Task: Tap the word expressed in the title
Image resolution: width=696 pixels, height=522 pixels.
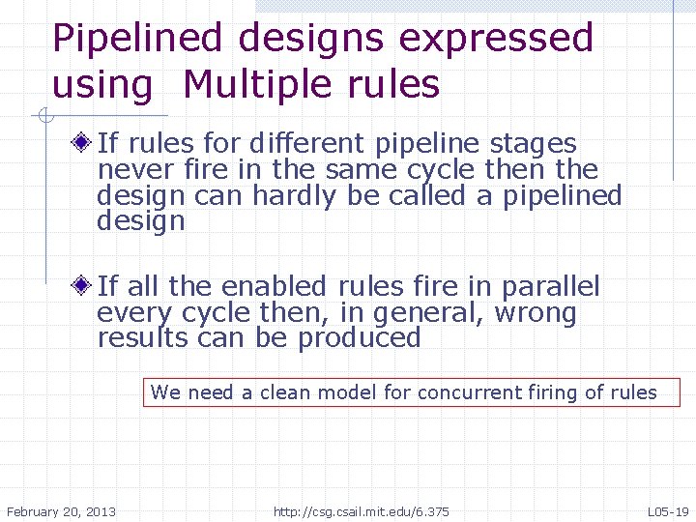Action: pos(496,39)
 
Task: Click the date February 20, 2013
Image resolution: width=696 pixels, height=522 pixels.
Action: pos(61,510)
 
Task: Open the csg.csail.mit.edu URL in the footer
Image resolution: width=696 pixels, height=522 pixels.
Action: pos(361,510)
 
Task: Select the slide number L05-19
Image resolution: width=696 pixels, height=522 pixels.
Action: pos(668,510)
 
